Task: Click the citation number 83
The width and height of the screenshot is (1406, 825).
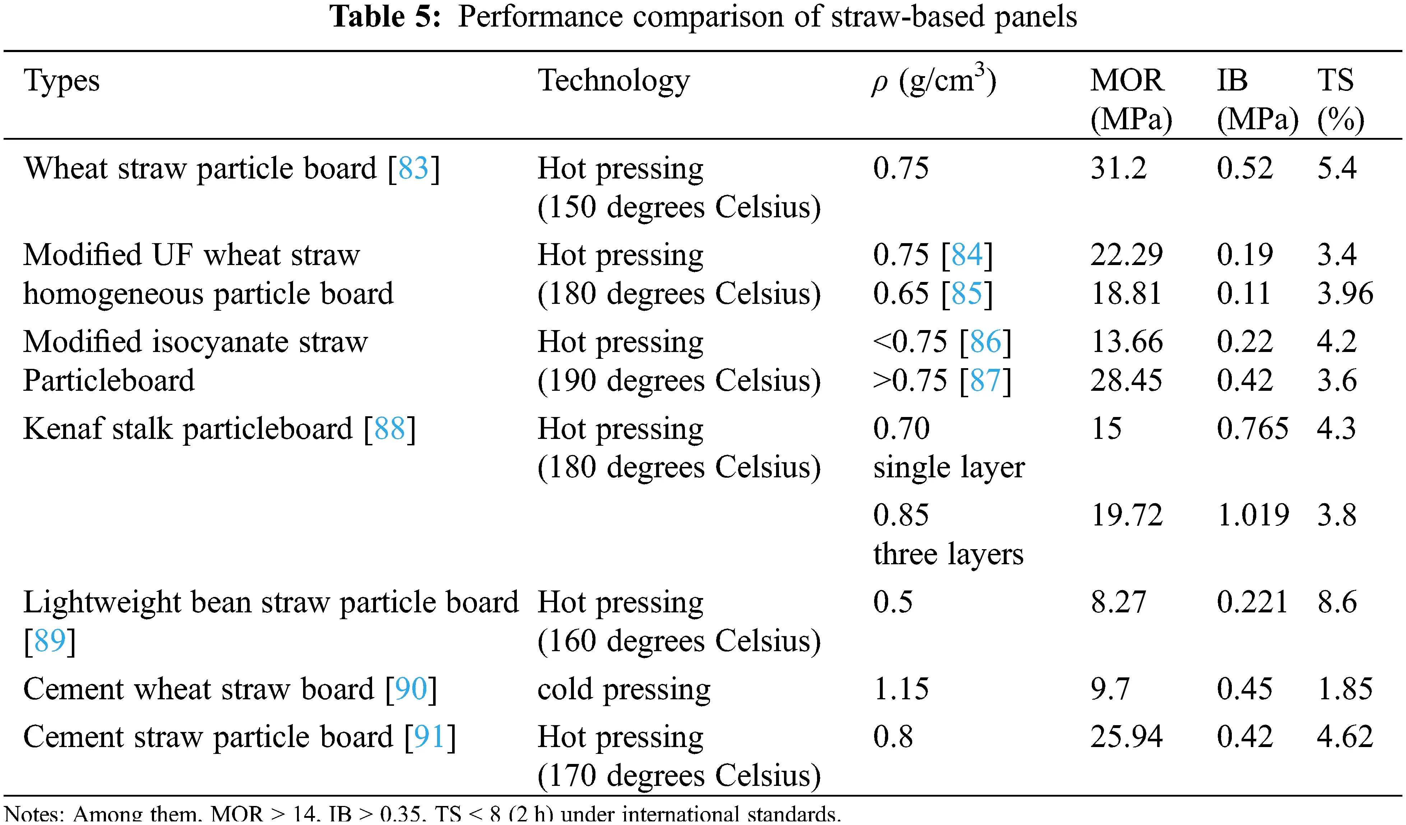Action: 413,168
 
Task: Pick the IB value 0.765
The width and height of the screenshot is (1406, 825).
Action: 1253,429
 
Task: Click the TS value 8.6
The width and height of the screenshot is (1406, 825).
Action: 1337,602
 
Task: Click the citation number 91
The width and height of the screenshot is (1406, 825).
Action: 430,737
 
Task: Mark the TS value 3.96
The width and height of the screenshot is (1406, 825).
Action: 1345,294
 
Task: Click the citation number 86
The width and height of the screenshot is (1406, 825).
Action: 985,342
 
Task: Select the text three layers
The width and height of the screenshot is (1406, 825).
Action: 948,555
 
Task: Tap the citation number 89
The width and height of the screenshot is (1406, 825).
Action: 50,641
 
